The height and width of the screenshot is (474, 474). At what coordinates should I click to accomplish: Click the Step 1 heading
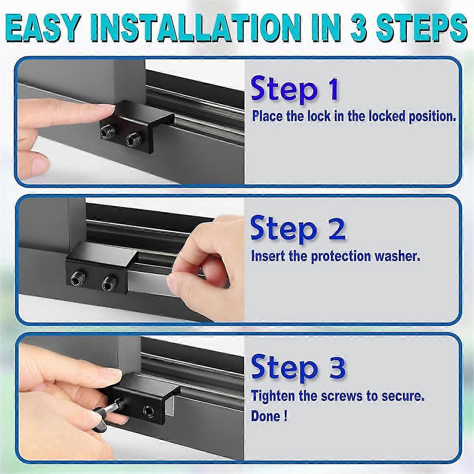[x=295, y=90]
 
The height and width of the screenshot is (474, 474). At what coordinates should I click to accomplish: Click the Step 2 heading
[x=298, y=229]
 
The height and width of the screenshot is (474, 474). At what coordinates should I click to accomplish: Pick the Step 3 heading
[x=298, y=367]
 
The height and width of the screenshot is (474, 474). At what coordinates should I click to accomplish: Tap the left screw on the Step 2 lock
[x=77, y=280]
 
